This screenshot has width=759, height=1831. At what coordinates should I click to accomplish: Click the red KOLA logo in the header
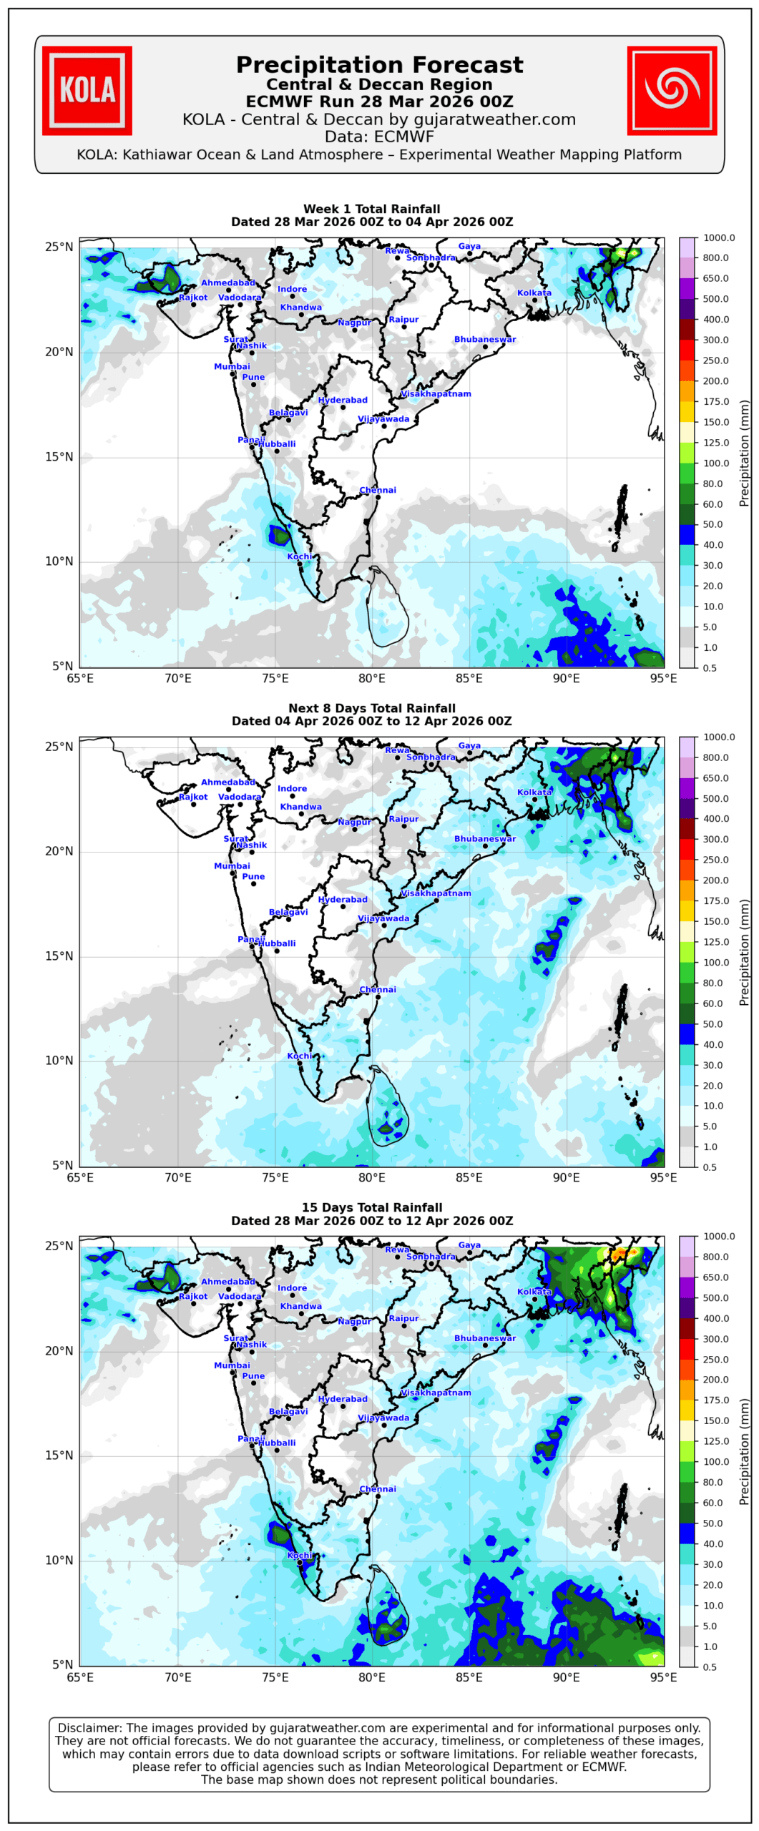tap(87, 91)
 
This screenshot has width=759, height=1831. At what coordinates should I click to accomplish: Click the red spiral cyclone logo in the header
tap(671, 91)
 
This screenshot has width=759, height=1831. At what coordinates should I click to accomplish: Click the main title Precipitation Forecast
tap(379, 65)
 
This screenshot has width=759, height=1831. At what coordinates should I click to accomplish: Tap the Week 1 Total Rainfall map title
tap(371, 209)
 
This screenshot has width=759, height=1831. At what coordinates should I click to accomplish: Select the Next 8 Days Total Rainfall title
tap(371, 708)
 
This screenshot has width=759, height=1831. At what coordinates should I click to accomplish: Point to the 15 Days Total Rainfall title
tap(371, 1207)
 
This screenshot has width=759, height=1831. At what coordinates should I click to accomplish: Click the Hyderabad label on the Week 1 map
tap(343, 400)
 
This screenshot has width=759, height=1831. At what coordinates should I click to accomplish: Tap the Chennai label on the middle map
tap(378, 989)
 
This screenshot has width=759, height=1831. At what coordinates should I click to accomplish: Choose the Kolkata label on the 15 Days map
tap(534, 1292)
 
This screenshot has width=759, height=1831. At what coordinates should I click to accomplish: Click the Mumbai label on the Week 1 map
tap(232, 366)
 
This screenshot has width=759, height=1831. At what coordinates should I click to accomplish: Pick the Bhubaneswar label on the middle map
tap(484, 838)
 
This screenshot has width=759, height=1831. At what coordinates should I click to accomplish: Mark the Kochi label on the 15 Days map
tap(300, 1556)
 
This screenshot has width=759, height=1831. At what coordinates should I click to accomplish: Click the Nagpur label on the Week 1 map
tap(354, 323)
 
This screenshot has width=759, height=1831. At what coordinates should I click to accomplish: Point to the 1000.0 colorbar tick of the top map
tap(718, 237)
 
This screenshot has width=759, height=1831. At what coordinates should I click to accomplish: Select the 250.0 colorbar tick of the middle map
tap(715, 860)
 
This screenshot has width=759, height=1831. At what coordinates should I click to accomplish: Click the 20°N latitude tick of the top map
tap(59, 352)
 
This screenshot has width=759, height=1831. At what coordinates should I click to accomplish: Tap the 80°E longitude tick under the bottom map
tap(372, 1677)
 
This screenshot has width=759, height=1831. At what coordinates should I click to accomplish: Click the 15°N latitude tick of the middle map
tap(59, 956)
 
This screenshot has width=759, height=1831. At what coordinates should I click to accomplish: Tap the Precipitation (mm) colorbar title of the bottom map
tap(745, 1451)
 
